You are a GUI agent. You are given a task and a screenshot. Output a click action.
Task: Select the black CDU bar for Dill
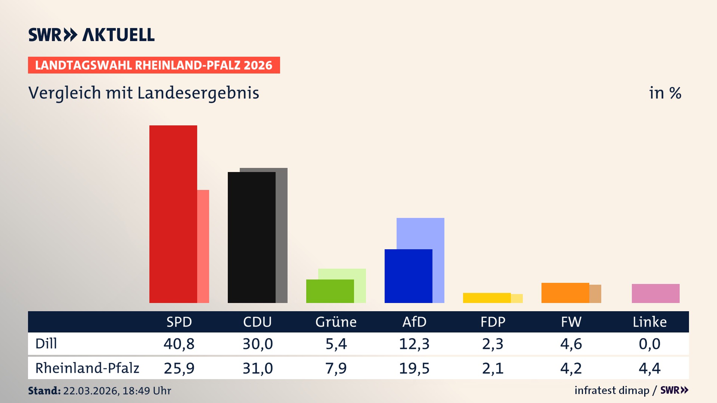pyautogui.click(x=251, y=237)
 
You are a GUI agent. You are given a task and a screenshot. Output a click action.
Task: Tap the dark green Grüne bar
pyautogui.click(x=330, y=291)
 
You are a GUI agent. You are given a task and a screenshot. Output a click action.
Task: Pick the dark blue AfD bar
pyautogui.click(x=408, y=276)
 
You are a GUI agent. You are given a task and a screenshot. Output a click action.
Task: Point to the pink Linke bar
pyautogui.click(x=655, y=293)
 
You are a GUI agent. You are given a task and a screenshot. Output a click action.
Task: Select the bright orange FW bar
pyautogui.click(x=565, y=293)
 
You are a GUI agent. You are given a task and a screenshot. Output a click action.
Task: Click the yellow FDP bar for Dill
pyautogui.click(x=487, y=298)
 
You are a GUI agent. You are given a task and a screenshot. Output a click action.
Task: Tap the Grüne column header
pyautogui.click(x=336, y=322)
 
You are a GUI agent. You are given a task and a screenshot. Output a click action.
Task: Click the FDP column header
pyautogui.click(x=493, y=322)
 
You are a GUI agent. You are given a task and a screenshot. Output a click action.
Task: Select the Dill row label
pyautogui.click(x=46, y=344)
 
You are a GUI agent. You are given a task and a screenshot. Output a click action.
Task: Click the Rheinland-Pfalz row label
pyautogui.click(x=87, y=368)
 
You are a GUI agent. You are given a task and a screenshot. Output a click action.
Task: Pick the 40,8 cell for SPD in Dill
pyautogui.click(x=179, y=344)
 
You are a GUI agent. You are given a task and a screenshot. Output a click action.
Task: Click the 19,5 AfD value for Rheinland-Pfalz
pyautogui.click(x=414, y=368)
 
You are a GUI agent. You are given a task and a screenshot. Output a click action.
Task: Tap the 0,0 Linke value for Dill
pyautogui.click(x=649, y=344)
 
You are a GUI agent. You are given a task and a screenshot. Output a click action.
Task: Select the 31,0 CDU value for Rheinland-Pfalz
pyautogui.click(x=258, y=368)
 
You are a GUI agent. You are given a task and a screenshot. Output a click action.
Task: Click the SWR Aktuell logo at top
pyautogui.click(x=91, y=35)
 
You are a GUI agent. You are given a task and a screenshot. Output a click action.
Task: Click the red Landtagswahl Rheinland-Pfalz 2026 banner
pyautogui.click(x=154, y=65)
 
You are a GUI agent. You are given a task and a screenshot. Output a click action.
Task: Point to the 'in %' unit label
pyautogui.click(x=665, y=93)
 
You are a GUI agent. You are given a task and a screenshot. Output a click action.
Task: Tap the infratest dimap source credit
pyautogui.click(x=612, y=390)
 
